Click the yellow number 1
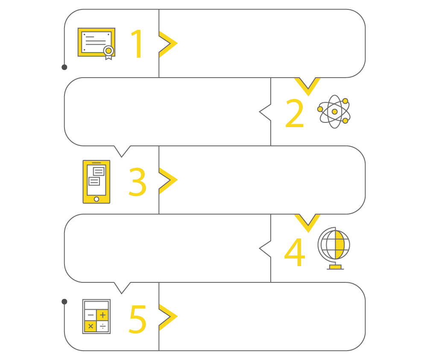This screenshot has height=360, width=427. click(137, 44)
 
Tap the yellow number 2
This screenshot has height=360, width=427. click(295, 113)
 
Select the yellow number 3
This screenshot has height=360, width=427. click(137, 182)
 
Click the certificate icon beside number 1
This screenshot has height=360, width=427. click(97, 43)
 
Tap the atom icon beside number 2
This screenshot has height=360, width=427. click(334, 112)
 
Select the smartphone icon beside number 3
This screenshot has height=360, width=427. click(96, 182)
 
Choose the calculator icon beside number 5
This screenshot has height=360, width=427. click(97, 316)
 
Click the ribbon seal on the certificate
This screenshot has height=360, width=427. click(108, 51)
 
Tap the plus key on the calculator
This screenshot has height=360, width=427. click(102, 315)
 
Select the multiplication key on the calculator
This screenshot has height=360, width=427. click(91, 326)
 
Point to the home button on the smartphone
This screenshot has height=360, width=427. click(96, 199)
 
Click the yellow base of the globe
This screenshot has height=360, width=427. click(335, 267)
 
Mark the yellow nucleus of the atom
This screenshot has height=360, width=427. click(334, 112)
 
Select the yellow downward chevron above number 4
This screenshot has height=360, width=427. click(307, 219)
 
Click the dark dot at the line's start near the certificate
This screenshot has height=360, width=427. click(64, 67)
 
